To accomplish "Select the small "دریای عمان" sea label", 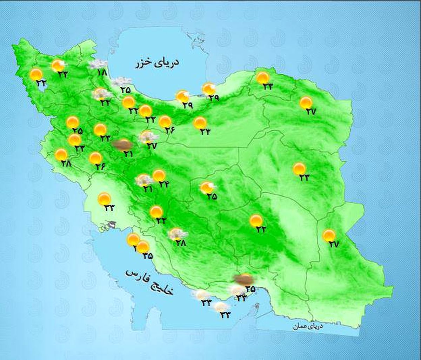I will click(308, 326).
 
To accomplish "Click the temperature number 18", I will click(102, 73).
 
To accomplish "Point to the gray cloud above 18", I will click(98, 64).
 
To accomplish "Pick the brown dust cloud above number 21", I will click(122, 144).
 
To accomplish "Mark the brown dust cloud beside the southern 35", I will click(244, 279).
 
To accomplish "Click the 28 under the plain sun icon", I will click(66, 163).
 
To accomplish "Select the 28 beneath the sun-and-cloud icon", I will click(181, 243).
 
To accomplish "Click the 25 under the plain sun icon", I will click(78, 131).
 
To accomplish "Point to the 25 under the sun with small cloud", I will click(212, 197).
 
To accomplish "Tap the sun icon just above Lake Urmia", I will click(36, 74).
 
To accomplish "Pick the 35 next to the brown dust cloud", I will click(250, 289).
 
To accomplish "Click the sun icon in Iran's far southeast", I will click(329, 235).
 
